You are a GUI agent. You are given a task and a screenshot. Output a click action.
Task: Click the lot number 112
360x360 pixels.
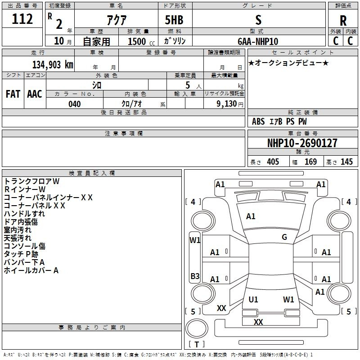[x=23, y=19]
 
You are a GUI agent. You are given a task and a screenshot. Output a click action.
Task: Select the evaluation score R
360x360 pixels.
[x=343, y=20]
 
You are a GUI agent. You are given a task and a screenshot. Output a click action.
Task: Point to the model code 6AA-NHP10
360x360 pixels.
[x=258, y=41]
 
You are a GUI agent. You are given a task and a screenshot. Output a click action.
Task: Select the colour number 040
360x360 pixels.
[x=74, y=104]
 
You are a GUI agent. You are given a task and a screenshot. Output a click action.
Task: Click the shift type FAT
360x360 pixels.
[x=13, y=94]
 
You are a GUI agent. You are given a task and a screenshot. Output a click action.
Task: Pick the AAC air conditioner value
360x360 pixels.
[x=35, y=94]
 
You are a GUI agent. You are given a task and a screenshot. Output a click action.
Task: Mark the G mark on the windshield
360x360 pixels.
[x=284, y=237]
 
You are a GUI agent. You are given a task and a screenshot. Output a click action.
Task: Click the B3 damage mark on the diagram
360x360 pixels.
[x=195, y=276]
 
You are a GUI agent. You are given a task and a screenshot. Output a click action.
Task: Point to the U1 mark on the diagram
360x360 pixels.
[x=253, y=299]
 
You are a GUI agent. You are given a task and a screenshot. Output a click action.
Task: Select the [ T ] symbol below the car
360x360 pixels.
[x=197, y=345]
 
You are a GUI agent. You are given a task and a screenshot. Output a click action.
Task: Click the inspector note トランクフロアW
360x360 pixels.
[x=31, y=181]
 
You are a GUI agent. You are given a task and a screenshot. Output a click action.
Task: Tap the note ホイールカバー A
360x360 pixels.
[x=31, y=270]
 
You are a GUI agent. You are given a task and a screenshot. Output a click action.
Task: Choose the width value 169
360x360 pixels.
[x=310, y=162]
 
